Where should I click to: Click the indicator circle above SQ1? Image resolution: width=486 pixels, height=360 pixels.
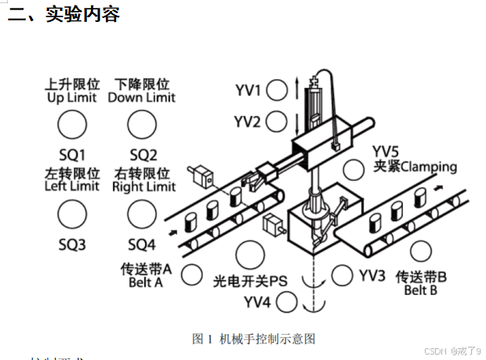click(x=71, y=123)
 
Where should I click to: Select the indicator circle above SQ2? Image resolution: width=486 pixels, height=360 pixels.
click(x=142, y=123)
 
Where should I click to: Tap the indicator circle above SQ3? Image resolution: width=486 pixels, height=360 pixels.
click(x=71, y=213)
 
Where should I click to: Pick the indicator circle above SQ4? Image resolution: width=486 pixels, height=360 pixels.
click(x=142, y=213)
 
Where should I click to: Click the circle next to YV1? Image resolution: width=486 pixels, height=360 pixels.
click(x=276, y=90)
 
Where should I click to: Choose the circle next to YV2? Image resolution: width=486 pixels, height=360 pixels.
click(x=276, y=122)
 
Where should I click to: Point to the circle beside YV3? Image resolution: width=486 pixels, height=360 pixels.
click(x=342, y=275)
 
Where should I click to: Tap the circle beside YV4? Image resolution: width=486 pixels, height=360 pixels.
click(x=286, y=301)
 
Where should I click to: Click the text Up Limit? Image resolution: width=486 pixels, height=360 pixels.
click(x=72, y=98)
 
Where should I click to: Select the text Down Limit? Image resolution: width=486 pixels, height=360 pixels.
click(x=142, y=98)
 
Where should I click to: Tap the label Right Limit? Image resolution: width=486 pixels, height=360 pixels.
click(x=143, y=187)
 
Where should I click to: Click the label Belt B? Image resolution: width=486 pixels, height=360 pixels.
click(x=421, y=290)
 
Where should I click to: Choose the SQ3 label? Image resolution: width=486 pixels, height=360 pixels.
click(x=71, y=244)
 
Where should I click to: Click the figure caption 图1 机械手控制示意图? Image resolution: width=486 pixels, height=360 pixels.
click(x=253, y=339)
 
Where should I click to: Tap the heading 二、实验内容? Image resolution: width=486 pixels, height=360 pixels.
click(x=63, y=13)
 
